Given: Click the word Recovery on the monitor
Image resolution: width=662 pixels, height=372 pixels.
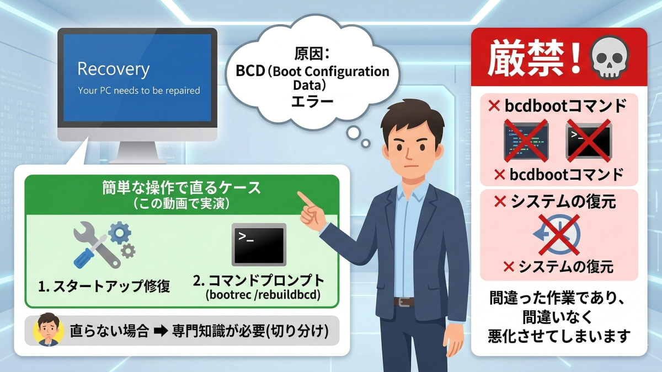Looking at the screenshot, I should (113, 69).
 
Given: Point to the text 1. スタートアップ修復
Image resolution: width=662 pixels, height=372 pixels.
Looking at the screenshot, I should (104, 286).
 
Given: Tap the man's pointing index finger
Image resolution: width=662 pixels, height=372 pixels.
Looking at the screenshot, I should (302, 197).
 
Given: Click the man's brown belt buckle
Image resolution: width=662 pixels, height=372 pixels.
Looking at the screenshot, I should (404, 302).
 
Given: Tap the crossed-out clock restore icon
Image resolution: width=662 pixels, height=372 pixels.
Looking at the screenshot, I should (558, 234).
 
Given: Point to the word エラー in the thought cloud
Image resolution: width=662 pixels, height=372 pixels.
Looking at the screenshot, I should (312, 102).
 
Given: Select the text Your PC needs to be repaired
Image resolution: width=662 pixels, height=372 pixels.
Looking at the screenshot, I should (138, 90).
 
